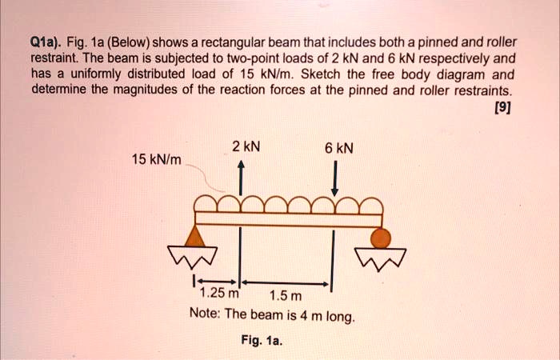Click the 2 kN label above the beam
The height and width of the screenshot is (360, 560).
246,146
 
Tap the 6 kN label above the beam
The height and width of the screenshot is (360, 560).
339,147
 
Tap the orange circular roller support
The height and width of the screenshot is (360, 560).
381,238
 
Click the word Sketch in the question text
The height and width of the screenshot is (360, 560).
359,74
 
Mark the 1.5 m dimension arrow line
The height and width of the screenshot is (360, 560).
285,282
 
